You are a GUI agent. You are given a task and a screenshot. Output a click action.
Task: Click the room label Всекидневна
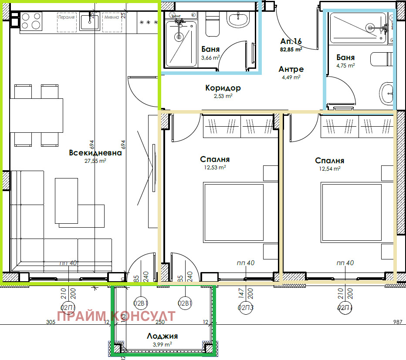click(95, 153)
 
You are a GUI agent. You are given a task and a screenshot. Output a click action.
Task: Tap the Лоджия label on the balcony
click(162, 336)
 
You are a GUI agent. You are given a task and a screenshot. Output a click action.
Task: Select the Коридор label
click(223, 88)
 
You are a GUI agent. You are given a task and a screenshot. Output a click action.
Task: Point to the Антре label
click(291, 69)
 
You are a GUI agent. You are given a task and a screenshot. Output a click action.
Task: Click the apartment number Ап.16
click(291, 41)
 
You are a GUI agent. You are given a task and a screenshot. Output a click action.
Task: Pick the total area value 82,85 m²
click(291, 50)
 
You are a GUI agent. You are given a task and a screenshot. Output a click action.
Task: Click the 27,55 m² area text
click(95, 161)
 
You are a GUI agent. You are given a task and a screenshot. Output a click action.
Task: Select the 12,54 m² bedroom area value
click(330, 168)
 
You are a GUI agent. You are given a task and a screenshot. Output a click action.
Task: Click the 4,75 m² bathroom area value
click(345, 65)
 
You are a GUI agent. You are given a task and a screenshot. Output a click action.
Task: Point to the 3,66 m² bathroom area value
click(210, 57)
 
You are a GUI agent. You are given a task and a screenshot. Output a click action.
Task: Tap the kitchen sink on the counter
click(91, 20)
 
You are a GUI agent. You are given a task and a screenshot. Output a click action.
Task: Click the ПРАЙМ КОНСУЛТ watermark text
click(116, 316)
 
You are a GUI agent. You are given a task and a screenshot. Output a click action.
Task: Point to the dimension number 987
click(397, 322)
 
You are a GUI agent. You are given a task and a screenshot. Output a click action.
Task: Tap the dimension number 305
click(51, 322)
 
